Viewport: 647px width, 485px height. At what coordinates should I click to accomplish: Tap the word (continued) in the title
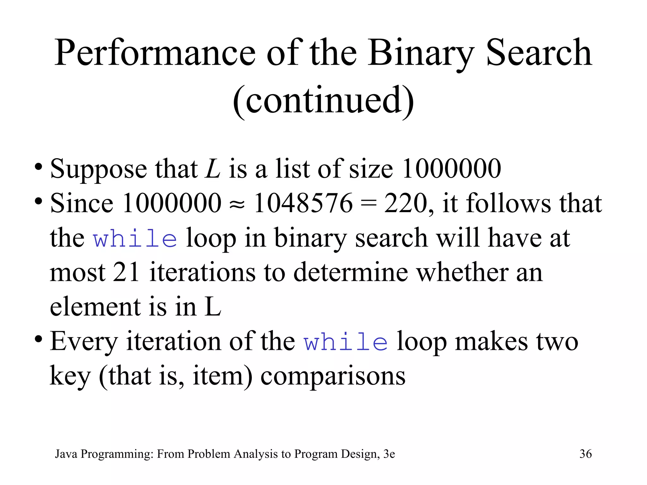pyautogui.click(x=323, y=100)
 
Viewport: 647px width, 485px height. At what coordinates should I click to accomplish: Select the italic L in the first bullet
pyautogui.click(x=212, y=169)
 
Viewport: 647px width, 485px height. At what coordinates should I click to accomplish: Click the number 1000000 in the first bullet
pyautogui.click(x=451, y=169)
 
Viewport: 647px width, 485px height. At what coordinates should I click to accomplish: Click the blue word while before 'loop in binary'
pyautogui.click(x=135, y=238)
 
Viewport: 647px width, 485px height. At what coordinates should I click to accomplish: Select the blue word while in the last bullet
pyautogui.click(x=346, y=342)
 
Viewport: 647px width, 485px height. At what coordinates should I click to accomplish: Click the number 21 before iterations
pyautogui.click(x=126, y=272)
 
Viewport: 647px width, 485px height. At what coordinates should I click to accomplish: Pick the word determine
pyautogui.click(x=350, y=272)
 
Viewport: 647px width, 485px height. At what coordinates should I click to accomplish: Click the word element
pyautogui.click(x=95, y=307)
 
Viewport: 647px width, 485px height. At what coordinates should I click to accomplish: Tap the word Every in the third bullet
pyautogui.click(x=84, y=342)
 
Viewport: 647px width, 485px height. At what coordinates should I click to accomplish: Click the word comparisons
pyautogui.click(x=333, y=376)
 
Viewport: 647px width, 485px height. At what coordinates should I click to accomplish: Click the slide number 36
pyautogui.click(x=585, y=454)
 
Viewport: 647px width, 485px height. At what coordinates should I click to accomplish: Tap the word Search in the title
pyautogui.click(x=539, y=53)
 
